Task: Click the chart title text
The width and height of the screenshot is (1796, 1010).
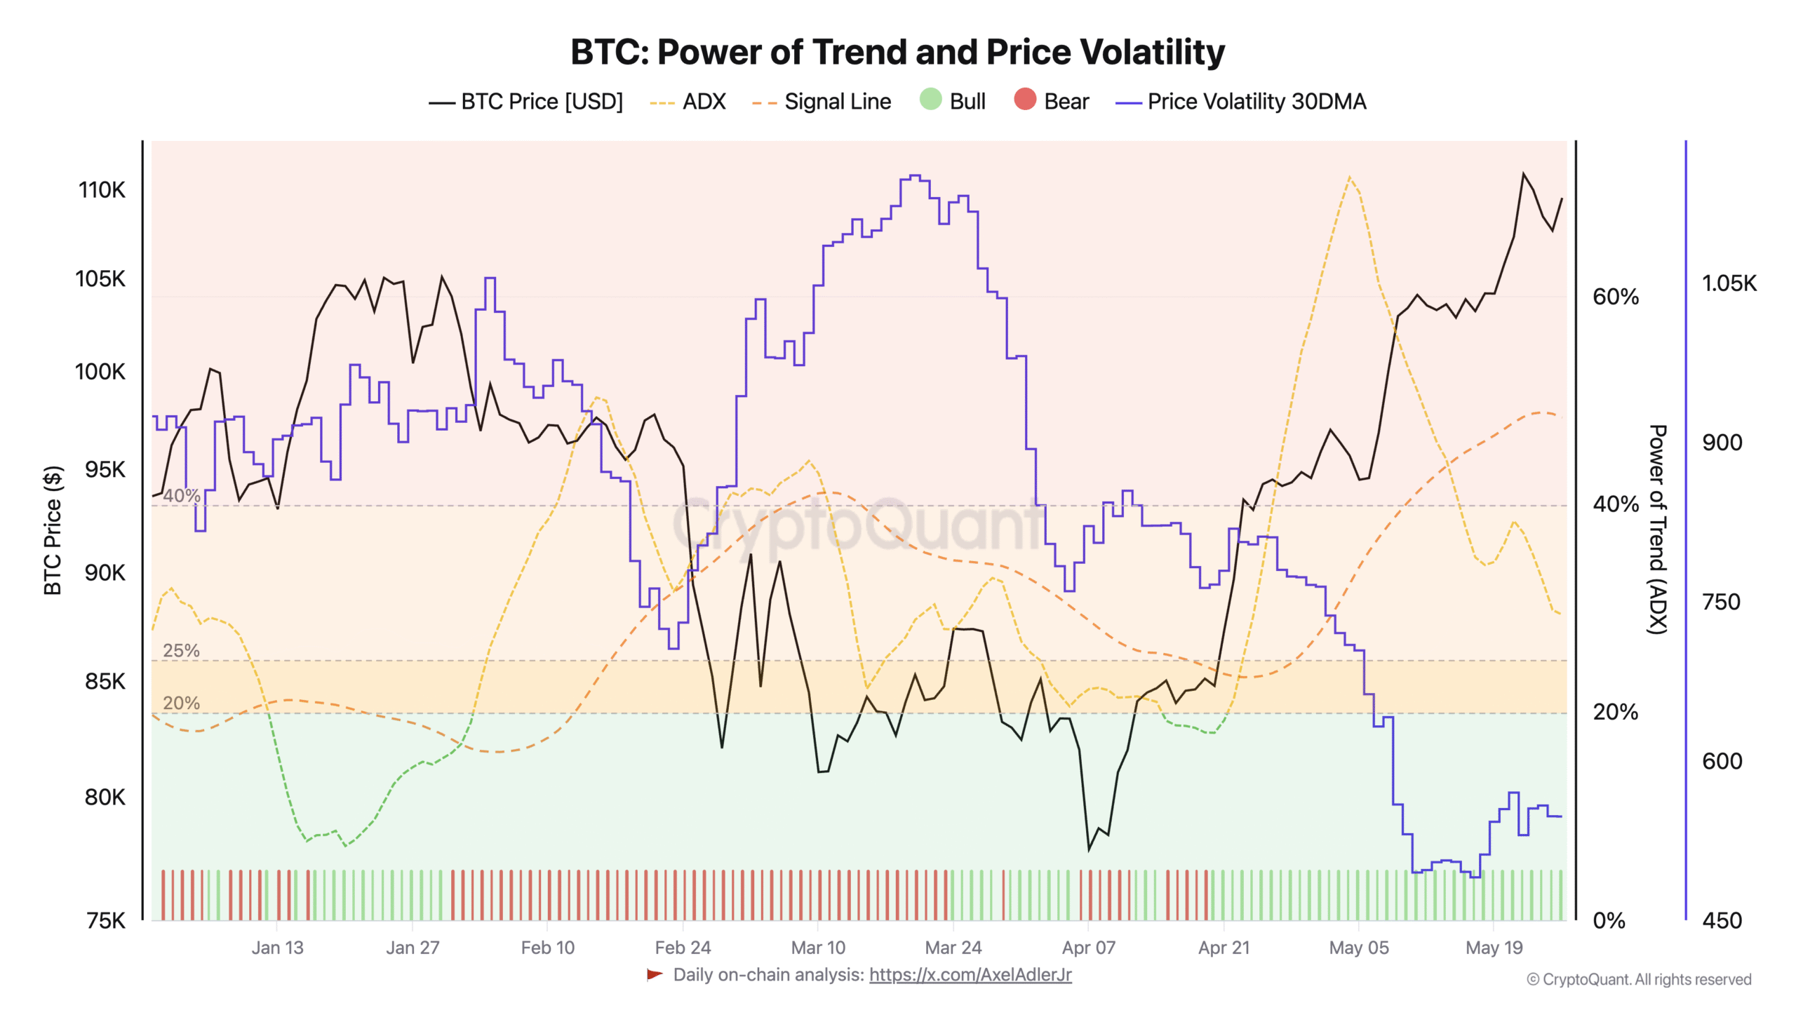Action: [x=897, y=52]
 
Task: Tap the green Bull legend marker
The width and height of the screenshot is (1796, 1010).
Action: [x=930, y=100]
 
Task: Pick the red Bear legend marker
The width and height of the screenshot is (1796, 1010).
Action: [x=1024, y=100]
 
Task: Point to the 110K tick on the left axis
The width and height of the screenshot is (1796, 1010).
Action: [x=102, y=190]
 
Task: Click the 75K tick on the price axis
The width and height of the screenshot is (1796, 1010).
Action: [x=105, y=920]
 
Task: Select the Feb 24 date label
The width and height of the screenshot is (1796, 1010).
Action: [x=683, y=948]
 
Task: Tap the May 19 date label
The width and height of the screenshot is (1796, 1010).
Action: [x=1494, y=948]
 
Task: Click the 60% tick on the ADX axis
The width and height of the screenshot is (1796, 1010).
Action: [x=1615, y=297]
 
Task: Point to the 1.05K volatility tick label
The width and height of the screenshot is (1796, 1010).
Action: [x=1729, y=283]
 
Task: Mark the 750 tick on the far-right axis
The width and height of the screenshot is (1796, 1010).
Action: [x=1721, y=602]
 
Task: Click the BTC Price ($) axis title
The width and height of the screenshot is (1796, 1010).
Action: [x=53, y=530]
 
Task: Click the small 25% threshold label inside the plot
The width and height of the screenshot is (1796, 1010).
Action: [x=181, y=650]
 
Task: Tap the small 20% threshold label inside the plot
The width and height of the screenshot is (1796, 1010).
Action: [x=181, y=703]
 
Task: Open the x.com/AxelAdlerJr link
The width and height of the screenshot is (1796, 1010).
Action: [x=970, y=975]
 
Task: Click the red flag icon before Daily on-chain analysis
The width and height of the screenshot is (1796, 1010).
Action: [x=655, y=974]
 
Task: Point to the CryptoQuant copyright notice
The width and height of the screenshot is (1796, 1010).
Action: [x=1638, y=979]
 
